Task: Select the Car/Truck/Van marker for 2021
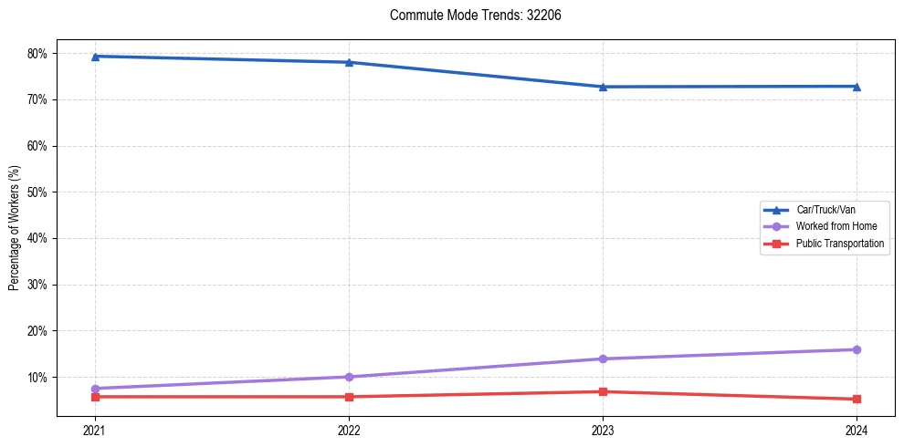[95, 57]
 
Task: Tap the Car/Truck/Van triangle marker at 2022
[349, 62]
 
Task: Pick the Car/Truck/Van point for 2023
[603, 87]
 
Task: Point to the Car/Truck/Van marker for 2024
[857, 87]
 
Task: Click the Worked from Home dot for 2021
[95, 389]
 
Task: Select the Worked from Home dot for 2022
[349, 377]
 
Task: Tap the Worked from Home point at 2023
[603, 359]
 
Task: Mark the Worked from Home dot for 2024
[857, 349]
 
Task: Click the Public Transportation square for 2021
[95, 397]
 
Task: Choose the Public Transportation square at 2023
[603, 391]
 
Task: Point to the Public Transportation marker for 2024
[857, 399]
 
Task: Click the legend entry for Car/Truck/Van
[825, 210]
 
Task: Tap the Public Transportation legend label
[839, 244]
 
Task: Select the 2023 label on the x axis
[603, 430]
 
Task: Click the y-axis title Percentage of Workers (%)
[14, 228]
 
